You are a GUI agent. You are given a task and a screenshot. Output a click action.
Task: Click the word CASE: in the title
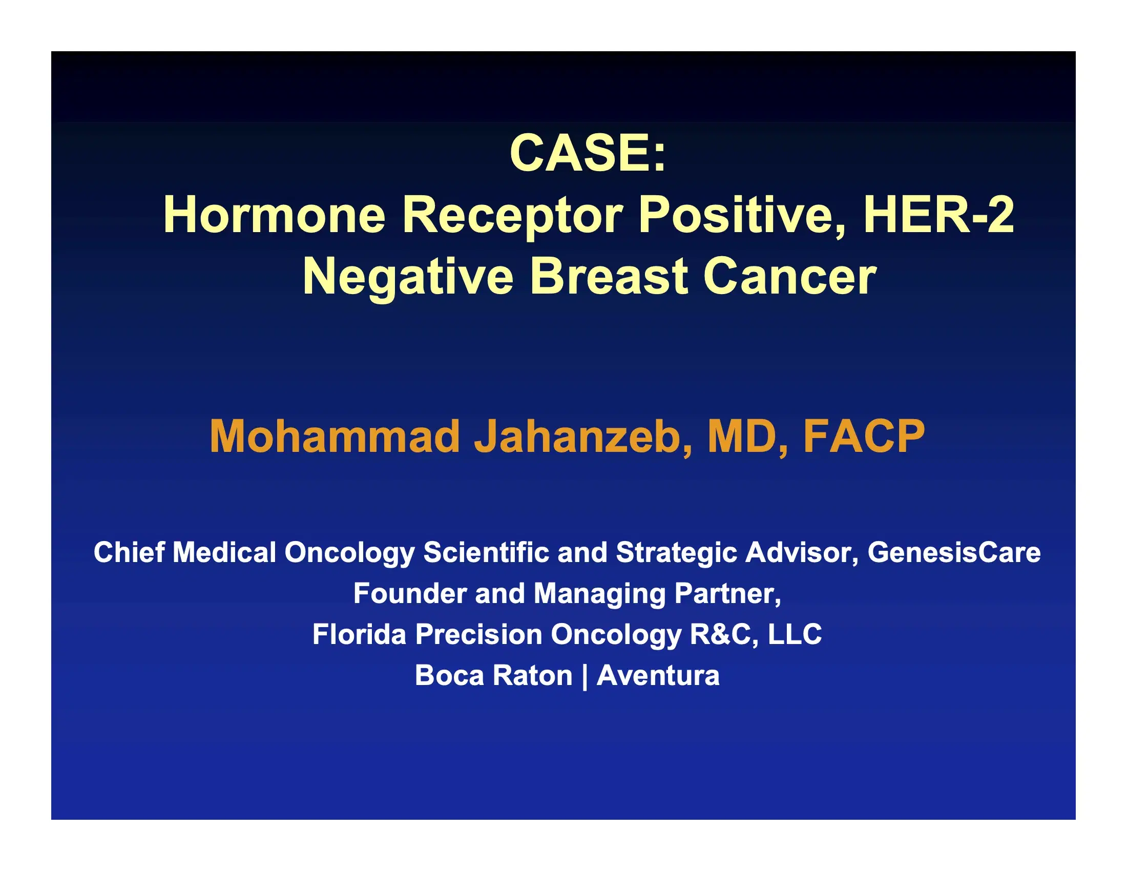[588, 153]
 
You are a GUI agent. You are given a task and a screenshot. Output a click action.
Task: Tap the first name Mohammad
[335, 437]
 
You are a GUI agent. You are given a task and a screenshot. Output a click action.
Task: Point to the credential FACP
[864, 437]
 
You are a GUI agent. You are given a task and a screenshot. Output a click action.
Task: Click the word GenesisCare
[954, 553]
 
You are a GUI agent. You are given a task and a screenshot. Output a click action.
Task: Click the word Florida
[359, 634]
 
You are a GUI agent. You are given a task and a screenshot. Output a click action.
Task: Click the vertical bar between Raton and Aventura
[584, 676]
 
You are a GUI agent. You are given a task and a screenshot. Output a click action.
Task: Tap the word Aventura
[658, 675]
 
